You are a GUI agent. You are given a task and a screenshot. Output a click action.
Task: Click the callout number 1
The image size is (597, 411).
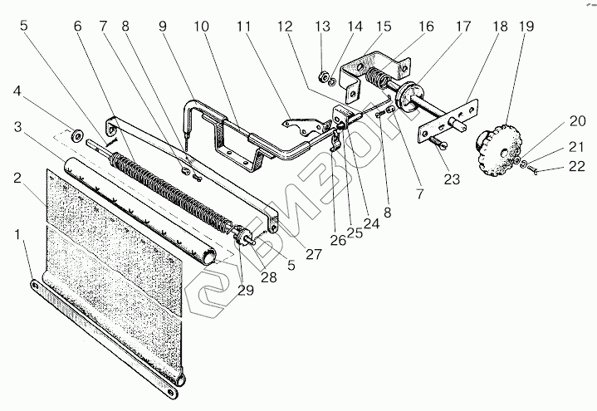point(17,235)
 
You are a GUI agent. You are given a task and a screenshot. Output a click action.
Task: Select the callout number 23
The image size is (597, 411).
point(452,179)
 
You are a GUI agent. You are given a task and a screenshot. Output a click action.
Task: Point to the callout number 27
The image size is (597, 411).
point(314,254)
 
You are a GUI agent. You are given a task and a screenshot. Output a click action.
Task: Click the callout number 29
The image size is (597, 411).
point(246,291)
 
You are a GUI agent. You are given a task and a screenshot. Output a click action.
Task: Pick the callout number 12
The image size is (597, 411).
point(285,27)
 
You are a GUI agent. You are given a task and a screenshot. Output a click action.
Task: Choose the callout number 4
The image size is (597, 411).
point(17,91)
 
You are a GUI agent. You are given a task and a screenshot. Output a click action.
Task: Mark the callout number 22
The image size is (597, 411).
point(577,166)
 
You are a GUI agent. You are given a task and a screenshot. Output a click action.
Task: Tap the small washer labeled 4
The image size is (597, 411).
point(78,135)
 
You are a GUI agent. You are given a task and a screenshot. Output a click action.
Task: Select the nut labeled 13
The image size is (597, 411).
point(323,76)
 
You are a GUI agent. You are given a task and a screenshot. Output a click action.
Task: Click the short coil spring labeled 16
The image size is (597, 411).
point(377,77)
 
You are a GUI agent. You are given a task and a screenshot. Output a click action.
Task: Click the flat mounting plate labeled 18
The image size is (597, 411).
point(448,120)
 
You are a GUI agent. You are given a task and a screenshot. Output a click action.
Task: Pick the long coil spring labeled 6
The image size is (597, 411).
point(171,190)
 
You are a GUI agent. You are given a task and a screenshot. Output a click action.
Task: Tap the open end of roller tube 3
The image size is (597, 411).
point(209,258)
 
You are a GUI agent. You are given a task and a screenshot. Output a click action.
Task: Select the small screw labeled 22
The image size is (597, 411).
point(532,169)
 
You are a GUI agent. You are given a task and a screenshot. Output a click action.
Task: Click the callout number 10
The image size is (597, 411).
point(202,27)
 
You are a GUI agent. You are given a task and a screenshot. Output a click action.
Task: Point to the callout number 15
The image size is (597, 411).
point(383,27)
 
